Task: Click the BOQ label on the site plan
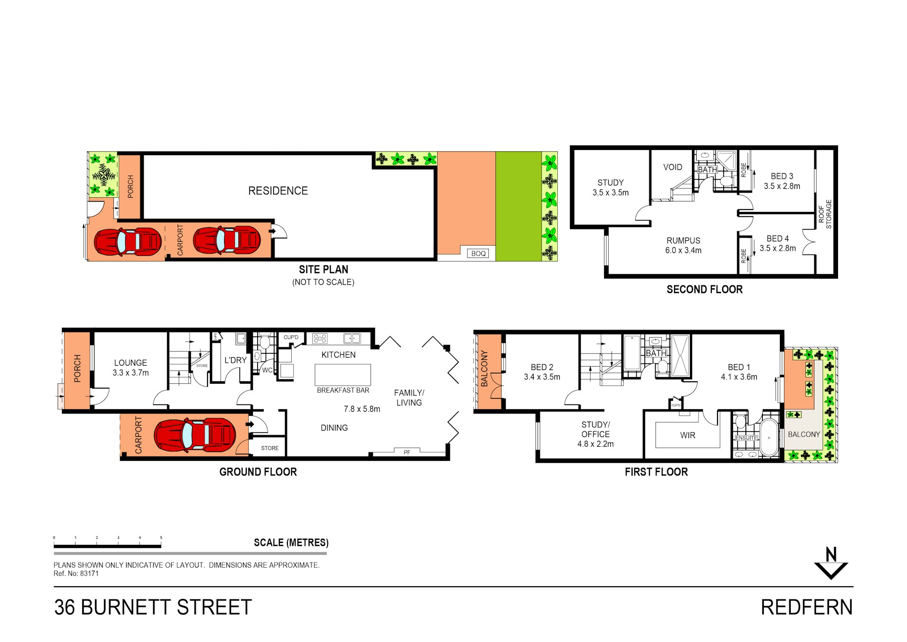click(x=478, y=254)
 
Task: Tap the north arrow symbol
click(x=830, y=564)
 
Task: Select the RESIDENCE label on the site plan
click(x=278, y=191)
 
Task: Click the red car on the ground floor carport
click(x=195, y=434)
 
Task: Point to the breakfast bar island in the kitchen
click(x=343, y=375)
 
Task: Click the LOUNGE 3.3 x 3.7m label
click(x=130, y=368)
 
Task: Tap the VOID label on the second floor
click(x=672, y=167)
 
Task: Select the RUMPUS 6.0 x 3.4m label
click(x=683, y=245)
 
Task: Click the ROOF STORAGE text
click(x=825, y=214)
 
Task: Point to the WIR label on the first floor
click(x=687, y=435)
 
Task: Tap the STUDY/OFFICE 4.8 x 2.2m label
click(x=595, y=434)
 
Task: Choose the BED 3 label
click(x=782, y=181)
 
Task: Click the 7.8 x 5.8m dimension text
click(x=362, y=409)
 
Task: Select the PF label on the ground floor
click(x=407, y=452)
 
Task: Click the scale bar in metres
click(x=108, y=546)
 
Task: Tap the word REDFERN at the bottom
click(x=806, y=607)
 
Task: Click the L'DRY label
click(x=235, y=360)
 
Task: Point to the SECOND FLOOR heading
click(x=704, y=290)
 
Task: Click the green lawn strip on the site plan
click(x=518, y=206)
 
